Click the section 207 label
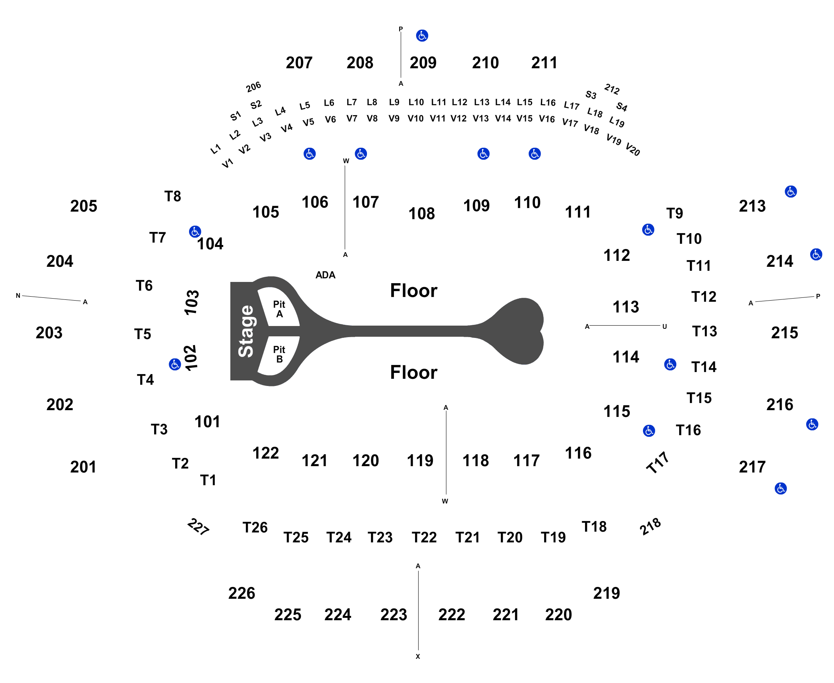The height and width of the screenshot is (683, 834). click(x=299, y=63)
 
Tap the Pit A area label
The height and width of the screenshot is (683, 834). click(x=279, y=309)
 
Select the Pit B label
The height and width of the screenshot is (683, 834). click(x=279, y=354)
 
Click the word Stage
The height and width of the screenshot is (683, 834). click(x=246, y=331)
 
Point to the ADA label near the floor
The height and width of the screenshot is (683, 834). click(x=325, y=275)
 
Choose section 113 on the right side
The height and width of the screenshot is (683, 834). click(x=626, y=307)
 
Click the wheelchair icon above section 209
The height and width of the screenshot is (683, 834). click(x=422, y=36)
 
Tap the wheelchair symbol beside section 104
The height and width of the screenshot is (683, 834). click(x=195, y=232)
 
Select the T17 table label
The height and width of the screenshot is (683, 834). click(x=658, y=463)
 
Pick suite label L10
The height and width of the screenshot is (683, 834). click(x=416, y=102)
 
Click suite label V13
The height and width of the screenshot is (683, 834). click(x=481, y=118)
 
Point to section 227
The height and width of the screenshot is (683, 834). click(x=198, y=527)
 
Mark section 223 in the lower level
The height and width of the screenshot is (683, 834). click(x=394, y=615)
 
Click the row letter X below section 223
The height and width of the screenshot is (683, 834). click(x=418, y=656)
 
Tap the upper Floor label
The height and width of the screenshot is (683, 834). click(x=413, y=290)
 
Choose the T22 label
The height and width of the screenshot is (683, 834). click(x=424, y=537)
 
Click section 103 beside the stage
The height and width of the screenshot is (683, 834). click(x=191, y=303)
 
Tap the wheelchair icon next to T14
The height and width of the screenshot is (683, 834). click(x=670, y=364)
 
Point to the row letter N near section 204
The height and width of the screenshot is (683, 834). click(x=18, y=295)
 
